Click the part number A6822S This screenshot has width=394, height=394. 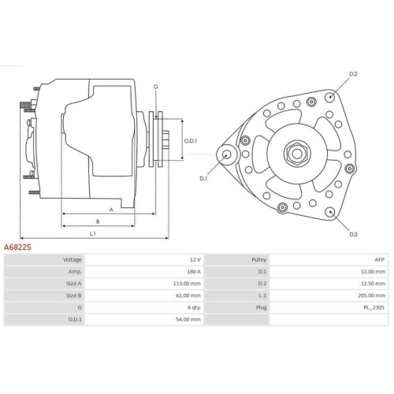[18, 247]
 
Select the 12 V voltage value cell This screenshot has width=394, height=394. [194, 259]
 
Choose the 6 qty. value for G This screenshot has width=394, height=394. [192, 308]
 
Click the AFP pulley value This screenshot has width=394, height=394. [379, 259]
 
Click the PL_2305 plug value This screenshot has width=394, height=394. [374, 308]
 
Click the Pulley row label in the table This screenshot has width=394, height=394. [259, 259]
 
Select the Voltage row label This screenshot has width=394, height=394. [72, 259]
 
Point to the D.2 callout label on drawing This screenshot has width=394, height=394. [353, 74]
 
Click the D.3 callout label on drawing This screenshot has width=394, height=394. [353, 235]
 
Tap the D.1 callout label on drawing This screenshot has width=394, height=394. [203, 179]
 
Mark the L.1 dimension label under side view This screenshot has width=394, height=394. [92, 233]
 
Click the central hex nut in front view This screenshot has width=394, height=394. [300, 153]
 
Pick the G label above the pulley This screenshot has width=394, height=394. [155, 86]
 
